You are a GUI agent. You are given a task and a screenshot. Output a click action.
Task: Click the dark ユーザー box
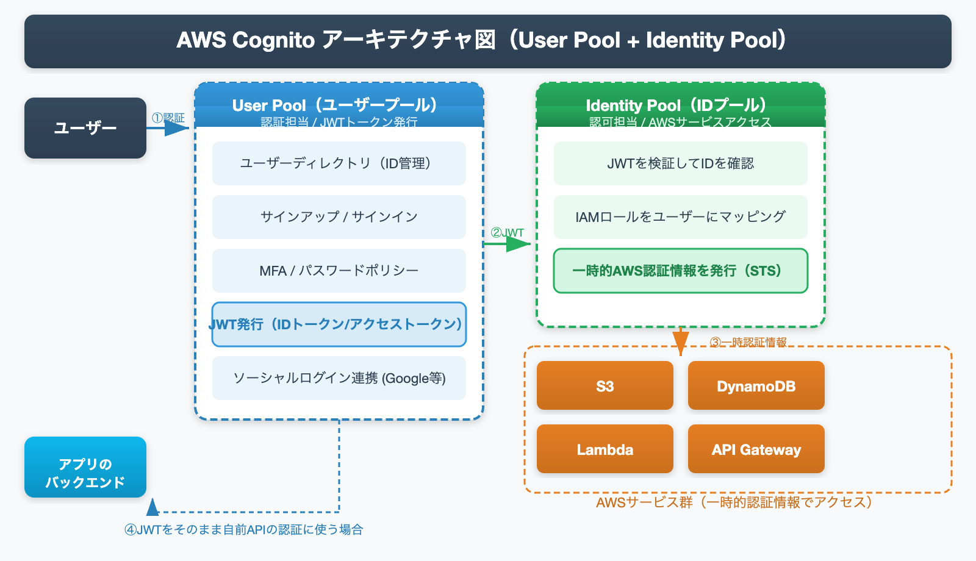pyautogui.click(x=85, y=128)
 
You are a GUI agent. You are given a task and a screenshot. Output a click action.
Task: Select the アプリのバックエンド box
pyautogui.click(x=85, y=467)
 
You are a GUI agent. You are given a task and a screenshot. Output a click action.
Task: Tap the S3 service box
pyautogui.click(x=605, y=385)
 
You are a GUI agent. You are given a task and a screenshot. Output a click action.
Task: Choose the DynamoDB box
pyautogui.click(x=756, y=385)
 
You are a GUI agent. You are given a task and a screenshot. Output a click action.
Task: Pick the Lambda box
pyautogui.click(x=605, y=449)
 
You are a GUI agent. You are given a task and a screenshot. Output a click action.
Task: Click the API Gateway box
pyautogui.click(x=756, y=449)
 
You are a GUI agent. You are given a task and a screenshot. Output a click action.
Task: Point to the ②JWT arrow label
pyautogui.click(x=507, y=232)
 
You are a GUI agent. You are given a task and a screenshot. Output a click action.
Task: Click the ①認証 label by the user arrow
pyautogui.click(x=168, y=118)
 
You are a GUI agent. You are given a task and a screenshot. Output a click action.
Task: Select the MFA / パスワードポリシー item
pyautogui.click(x=339, y=271)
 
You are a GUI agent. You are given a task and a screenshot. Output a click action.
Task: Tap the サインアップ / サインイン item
pyautogui.click(x=339, y=217)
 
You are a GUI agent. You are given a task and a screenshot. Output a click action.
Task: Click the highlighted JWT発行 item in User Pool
pyautogui.click(x=339, y=324)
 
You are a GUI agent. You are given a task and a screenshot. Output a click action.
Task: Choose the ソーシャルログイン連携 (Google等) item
pyautogui.click(x=339, y=378)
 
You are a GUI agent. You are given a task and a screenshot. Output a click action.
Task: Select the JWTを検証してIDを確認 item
pyautogui.click(x=680, y=163)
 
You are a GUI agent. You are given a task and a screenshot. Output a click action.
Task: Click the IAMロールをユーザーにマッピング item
pyautogui.click(x=680, y=217)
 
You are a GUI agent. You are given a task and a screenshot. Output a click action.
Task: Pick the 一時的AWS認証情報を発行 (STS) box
pyautogui.click(x=680, y=271)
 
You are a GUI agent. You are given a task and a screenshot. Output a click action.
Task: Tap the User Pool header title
pyautogui.click(x=335, y=105)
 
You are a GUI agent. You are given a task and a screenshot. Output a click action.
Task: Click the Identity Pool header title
pyautogui.click(x=676, y=105)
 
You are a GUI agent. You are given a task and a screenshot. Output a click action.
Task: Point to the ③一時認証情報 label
pyautogui.click(x=748, y=342)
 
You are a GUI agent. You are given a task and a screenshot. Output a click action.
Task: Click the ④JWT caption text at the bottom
pyautogui.click(x=244, y=529)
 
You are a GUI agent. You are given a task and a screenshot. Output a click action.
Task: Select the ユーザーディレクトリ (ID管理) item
pyautogui.click(x=339, y=163)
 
